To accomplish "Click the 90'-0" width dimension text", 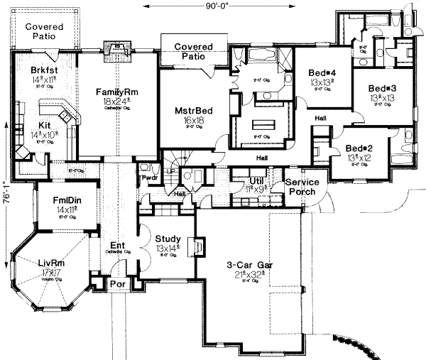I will coord(213,6).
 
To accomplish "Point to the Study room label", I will coord(168,239).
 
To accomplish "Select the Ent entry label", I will coord(117,246).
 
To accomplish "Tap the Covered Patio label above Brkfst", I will coord(45,31).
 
